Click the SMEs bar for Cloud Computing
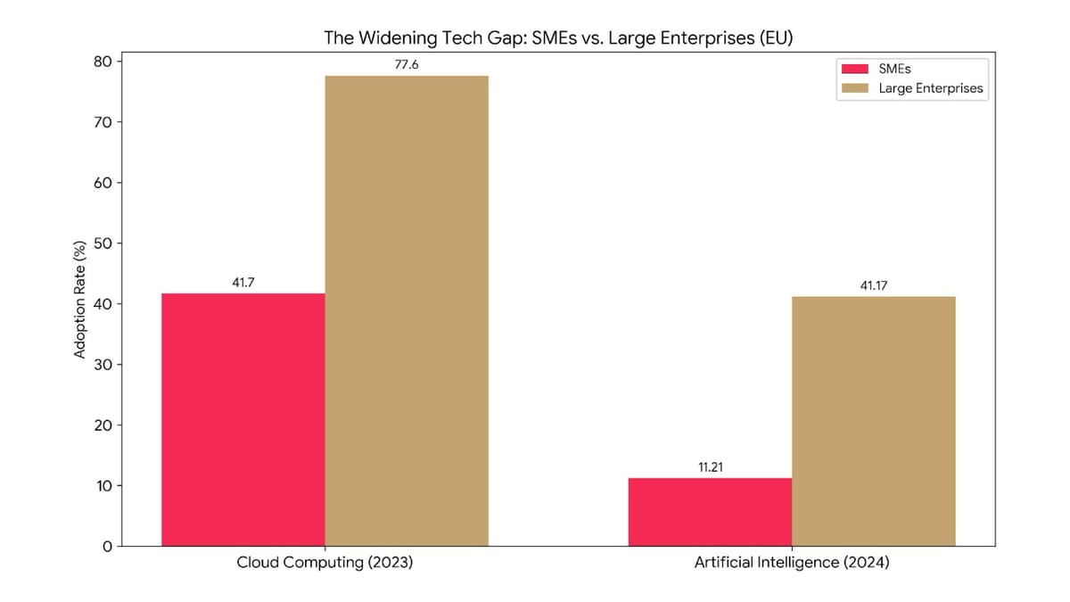tap(243, 419)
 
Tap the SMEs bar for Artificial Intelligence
tap(710, 512)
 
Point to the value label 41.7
tap(243, 283)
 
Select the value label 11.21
tap(710, 467)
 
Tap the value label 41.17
tap(874, 286)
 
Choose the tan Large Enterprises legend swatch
tap(856, 88)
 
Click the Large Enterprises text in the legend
tap(930, 88)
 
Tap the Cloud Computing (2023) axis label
tap(325, 564)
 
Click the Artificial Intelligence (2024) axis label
tap(792, 564)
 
